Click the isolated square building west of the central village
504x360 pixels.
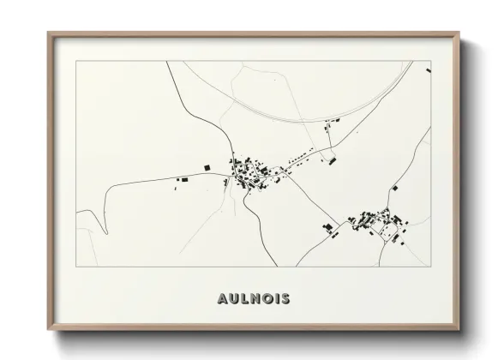click(206, 166)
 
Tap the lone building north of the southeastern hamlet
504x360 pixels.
click(395, 187)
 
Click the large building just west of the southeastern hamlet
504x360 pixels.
click(327, 227)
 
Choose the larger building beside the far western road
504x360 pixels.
click(180, 180)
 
